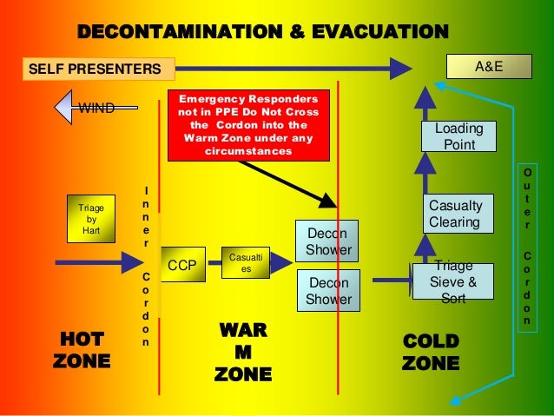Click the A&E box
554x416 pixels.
pyautogui.click(x=488, y=65)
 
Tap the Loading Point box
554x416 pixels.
pyautogui.click(x=458, y=137)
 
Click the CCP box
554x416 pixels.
pyautogui.click(x=182, y=265)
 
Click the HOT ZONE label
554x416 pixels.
pyautogui.click(x=82, y=349)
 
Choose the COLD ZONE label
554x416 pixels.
pyautogui.click(x=430, y=352)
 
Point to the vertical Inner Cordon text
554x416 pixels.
pyautogui.click(x=146, y=265)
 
